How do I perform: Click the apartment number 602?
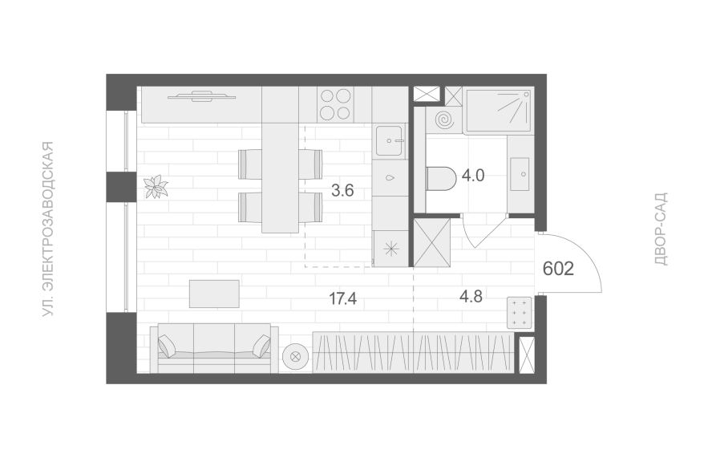pos(558,269)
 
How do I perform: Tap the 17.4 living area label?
pos(342,298)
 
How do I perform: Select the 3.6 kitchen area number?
pos(342,191)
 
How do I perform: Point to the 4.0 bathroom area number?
pos(473,175)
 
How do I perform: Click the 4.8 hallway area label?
pos(471,297)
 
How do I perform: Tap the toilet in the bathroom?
pos(441,178)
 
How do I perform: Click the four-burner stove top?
pos(335,104)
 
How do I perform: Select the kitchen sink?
pos(389,141)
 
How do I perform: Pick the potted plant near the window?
pos(156,187)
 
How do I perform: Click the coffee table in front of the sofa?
pos(214,294)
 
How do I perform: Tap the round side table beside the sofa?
pos(296,356)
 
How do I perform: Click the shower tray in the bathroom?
pos(498,111)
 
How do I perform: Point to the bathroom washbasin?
pos(520,174)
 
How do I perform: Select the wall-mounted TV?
pos(202,95)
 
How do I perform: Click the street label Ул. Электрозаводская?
pos(48,229)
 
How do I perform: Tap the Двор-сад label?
pos(661,229)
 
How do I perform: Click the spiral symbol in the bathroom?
pos(443,120)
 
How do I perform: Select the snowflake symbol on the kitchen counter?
pos(391,249)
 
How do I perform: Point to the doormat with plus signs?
pos(520,312)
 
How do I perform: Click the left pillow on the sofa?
pos(167,346)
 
